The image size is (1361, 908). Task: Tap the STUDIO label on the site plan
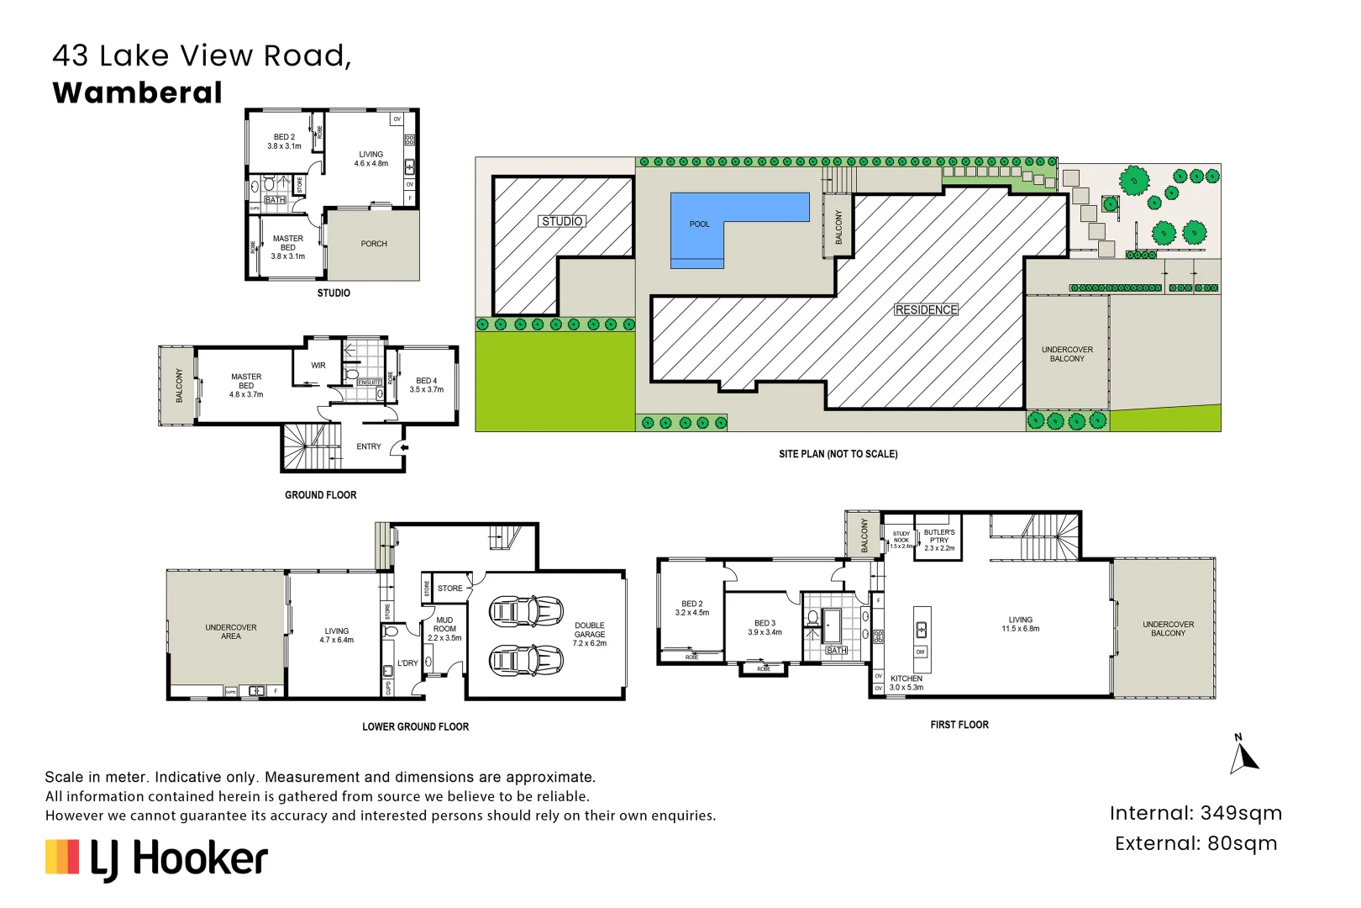point(562,221)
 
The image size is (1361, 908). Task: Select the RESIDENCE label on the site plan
point(926,309)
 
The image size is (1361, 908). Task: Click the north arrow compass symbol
point(1243,755)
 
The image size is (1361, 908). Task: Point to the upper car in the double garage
point(526,611)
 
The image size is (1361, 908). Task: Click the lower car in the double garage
point(526,660)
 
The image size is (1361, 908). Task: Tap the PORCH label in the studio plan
point(374,244)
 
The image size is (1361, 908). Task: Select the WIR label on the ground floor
point(318,366)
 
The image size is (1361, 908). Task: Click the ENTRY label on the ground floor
point(369,446)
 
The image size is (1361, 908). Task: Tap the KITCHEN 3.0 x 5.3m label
point(906,683)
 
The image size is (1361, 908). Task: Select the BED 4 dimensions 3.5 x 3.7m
point(427,389)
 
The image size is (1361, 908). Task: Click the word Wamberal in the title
point(138,92)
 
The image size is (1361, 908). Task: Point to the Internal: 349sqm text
point(1195,813)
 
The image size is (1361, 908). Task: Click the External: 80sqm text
point(1195,843)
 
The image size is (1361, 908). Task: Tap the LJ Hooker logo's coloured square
point(62,857)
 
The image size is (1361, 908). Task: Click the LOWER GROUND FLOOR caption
point(415,726)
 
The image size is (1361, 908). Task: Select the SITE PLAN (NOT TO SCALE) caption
point(838,454)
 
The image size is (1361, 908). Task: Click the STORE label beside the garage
point(450,589)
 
